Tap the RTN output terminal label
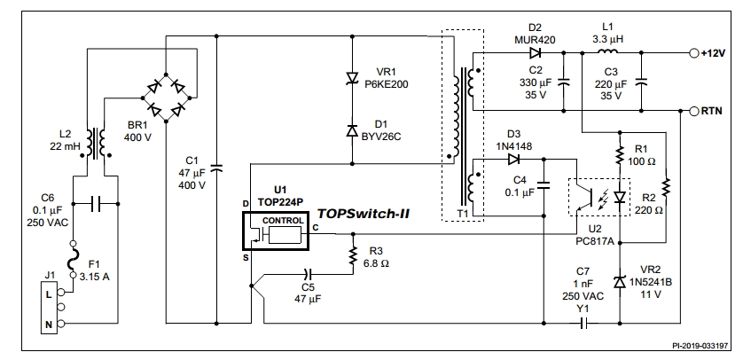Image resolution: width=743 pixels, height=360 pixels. click(x=711, y=112)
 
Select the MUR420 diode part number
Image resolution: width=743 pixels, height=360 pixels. click(x=534, y=41)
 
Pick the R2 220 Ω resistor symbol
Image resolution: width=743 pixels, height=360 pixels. click(x=666, y=187)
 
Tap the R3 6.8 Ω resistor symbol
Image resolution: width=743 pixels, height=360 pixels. click(x=354, y=254)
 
